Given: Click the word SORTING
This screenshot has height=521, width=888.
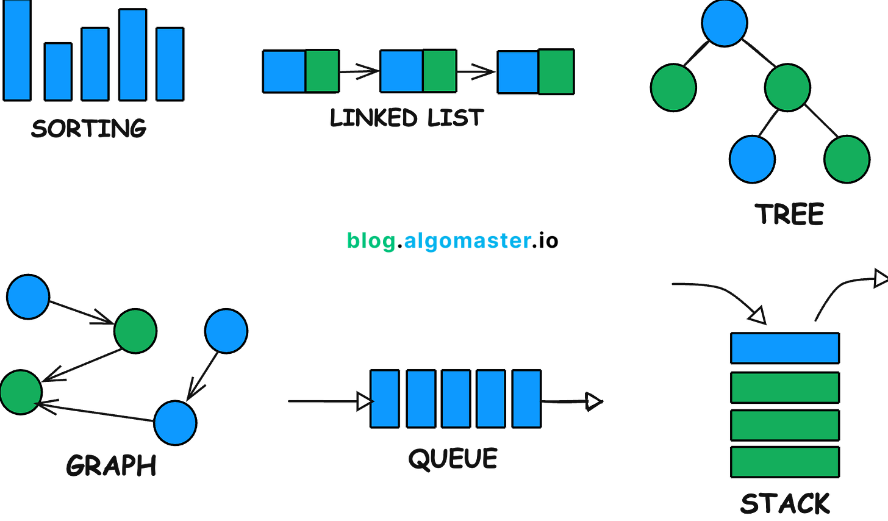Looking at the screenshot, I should [x=89, y=128].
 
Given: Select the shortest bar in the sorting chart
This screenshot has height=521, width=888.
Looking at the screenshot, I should [x=58, y=71].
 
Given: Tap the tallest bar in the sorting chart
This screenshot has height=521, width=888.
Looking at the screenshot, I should [x=17, y=50].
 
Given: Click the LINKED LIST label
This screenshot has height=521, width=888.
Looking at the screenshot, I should [x=406, y=117].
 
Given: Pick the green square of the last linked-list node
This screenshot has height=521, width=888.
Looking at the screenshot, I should [x=556, y=71].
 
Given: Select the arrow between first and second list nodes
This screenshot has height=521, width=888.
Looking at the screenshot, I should [x=359, y=72].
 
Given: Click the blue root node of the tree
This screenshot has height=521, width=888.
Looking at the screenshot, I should [x=725, y=23].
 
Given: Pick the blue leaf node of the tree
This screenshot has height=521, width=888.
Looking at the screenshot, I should [x=752, y=159].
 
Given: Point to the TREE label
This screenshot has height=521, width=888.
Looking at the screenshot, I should [x=789, y=214].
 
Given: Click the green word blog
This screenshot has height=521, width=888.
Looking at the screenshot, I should [x=371, y=242].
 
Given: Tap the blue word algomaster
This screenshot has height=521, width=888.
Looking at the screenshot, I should [x=467, y=242].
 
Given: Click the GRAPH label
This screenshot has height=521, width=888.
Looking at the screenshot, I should [x=111, y=466].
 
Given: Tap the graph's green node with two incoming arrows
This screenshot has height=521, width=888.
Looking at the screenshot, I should [x=20, y=392].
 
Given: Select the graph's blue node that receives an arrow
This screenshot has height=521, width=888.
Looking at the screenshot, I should [x=175, y=422].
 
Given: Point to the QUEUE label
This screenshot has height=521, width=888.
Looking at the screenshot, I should [x=453, y=459].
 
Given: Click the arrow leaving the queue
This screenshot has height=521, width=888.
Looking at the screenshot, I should [x=571, y=401].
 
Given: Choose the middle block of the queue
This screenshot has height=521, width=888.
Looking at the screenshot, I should [x=456, y=399].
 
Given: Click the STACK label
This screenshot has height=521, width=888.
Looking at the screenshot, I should [x=785, y=504].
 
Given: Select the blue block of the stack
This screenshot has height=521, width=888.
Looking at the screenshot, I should [x=785, y=348].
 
